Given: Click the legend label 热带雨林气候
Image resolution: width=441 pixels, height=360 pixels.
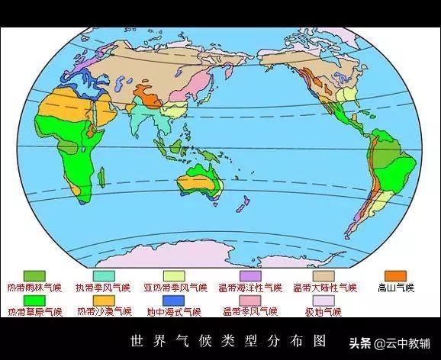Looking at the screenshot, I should tap(35, 288).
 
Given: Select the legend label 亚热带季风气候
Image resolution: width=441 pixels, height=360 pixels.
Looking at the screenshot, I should tap(175, 288).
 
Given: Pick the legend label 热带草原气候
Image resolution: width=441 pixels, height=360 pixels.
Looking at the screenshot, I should tap(35, 311).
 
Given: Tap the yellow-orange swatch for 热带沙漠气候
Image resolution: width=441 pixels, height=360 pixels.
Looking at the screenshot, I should tap(105, 300).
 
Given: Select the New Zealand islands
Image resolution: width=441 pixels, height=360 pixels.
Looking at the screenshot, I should tap(246, 204).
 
